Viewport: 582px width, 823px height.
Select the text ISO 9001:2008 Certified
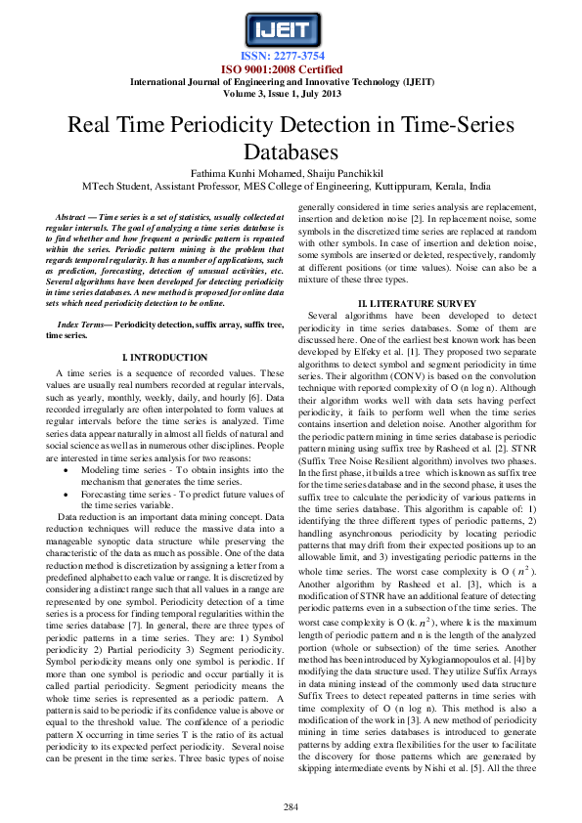pyautogui.click(x=291, y=68)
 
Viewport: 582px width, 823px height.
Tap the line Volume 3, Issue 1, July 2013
pyautogui.click(x=291, y=94)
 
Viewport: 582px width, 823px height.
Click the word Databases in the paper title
pyautogui.click(x=291, y=152)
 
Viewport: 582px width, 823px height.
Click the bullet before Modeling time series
pyautogui.click(x=65, y=470)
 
